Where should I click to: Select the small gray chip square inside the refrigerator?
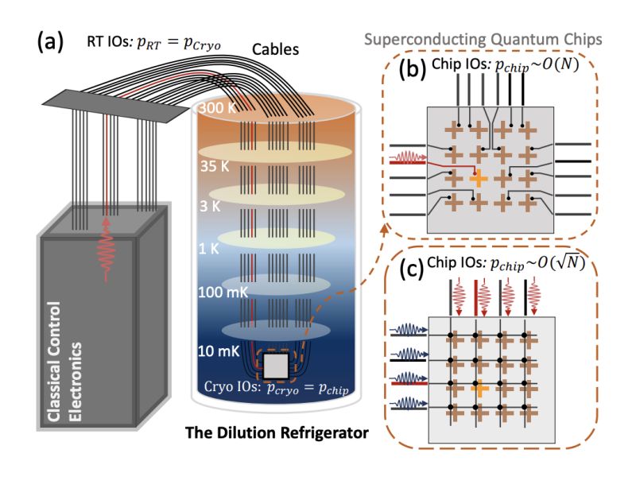pos(276,366)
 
